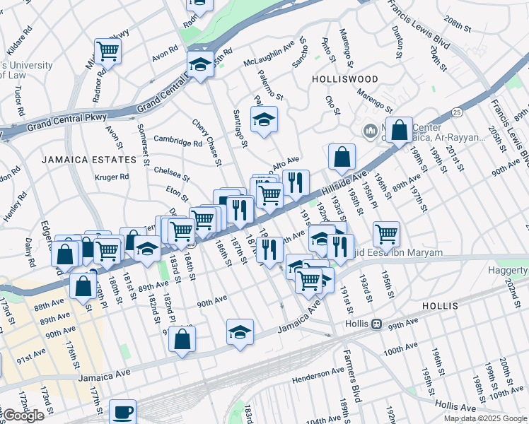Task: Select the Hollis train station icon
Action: tap(377, 324)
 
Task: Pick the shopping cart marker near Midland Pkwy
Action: tap(107, 50)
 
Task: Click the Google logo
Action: tap(23, 416)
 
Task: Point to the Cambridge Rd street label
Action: tap(178, 142)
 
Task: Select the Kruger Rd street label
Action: tap(113, 177)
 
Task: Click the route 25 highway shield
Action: tap(458, 112)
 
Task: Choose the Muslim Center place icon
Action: tap(370, 131)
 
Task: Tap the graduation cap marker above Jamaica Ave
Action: tap(240, 331)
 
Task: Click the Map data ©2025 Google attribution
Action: tap(485, 418)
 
